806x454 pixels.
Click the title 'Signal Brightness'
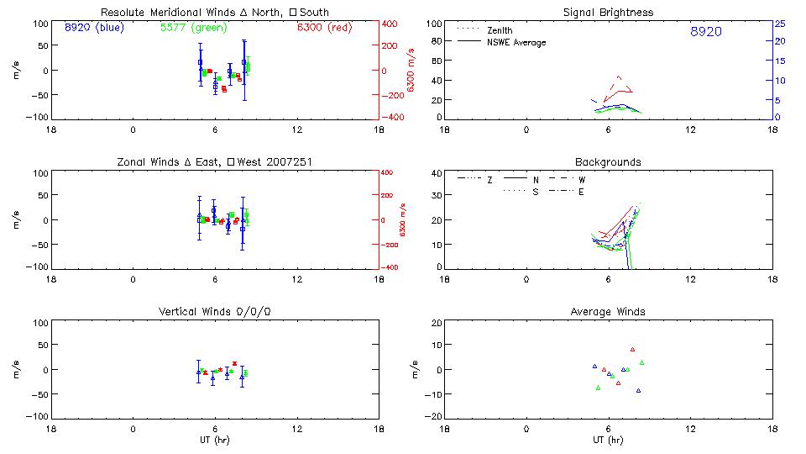(x=608, y=13)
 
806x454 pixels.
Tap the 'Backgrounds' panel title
(x=608, y=161)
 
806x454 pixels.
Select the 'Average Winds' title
(x=608, y=312)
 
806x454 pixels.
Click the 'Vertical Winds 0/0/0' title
(x=214, y=312)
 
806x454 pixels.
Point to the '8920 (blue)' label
(x=92, y=27)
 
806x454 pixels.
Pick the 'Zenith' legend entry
(x=500, y=31)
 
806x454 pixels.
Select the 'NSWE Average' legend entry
(x=516, y=42)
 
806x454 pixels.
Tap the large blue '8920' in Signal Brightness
(x=705, y=32)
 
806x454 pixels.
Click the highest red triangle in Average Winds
(x=632, y=349)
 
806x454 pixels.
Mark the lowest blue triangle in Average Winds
(x=638, y=390)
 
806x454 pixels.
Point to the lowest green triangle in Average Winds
(x=598, y=388)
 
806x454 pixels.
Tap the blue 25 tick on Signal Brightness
(x=779, y=24)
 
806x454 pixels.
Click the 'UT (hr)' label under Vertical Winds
(x=214, y=440)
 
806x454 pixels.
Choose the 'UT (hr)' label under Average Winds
(x=608, y=440)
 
